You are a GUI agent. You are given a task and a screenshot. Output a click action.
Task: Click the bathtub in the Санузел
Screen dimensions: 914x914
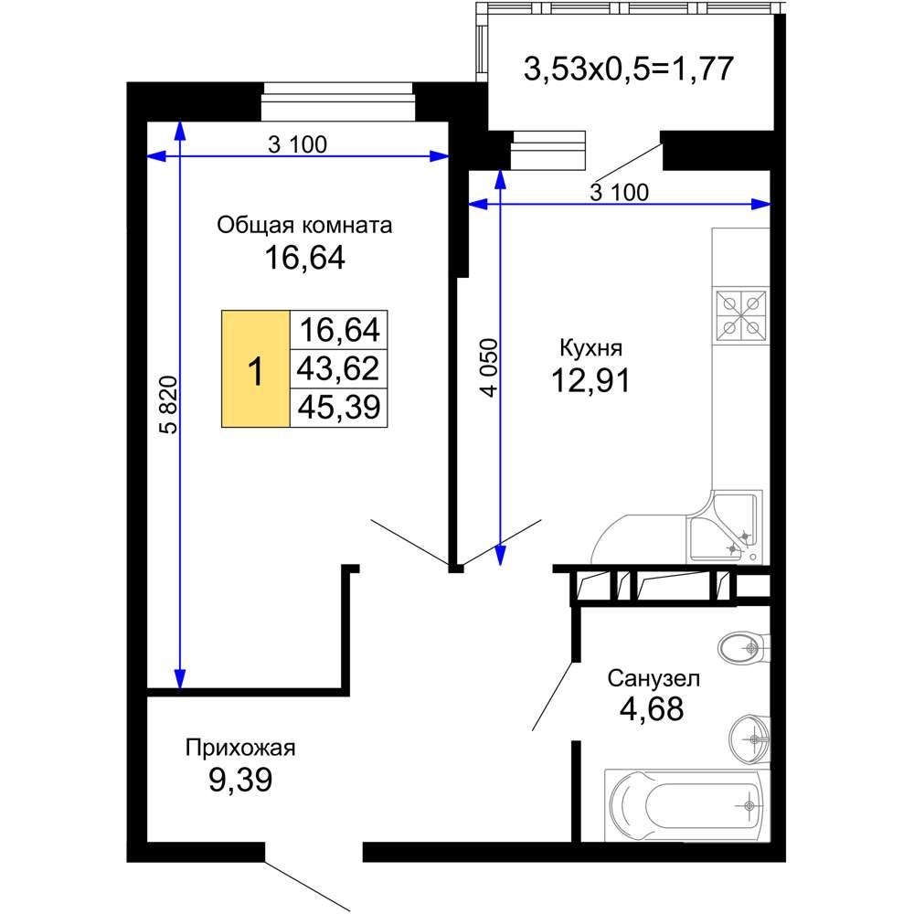[x=687, y=805]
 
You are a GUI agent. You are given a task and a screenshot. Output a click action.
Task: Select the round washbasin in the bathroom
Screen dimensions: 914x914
[x=749, y=739]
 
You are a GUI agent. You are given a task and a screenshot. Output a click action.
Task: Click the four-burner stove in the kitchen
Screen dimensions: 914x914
[x=741, y=315]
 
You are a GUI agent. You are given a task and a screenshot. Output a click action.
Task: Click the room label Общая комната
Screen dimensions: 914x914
[x=304, y=225]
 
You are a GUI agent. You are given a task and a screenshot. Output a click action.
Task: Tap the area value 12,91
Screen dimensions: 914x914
[x=590, y=380]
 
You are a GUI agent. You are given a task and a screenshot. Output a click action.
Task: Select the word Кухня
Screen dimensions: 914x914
[x=590, y=348]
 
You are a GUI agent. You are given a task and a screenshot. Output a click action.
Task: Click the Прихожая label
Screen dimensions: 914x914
[x=240, y=748]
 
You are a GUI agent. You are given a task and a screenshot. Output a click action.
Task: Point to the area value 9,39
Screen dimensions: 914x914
[x=240, y=780]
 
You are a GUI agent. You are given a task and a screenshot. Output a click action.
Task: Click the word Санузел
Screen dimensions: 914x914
[x=654, y=678]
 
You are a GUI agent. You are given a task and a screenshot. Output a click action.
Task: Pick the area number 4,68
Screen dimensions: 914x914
[x=652, y=709]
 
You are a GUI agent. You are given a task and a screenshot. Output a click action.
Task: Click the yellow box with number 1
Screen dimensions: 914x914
[x=256, y=369]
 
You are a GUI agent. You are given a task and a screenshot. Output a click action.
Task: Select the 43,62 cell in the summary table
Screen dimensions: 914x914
[x=339, y=368]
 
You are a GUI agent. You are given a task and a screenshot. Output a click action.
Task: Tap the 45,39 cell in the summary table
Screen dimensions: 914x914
[x=339, y=407]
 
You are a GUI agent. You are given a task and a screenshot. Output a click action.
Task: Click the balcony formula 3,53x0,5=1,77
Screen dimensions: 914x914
[x=629, y=69]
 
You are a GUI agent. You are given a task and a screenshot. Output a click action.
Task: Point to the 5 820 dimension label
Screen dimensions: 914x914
[x=168, y=405]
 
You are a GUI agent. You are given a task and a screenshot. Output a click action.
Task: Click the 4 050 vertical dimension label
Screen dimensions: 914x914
[x=490, y=367]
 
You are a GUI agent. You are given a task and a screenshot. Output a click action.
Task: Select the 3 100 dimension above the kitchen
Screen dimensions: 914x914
[x=619, y=192]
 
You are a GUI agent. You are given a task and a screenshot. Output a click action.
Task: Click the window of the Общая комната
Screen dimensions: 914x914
[x=338, y=101]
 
